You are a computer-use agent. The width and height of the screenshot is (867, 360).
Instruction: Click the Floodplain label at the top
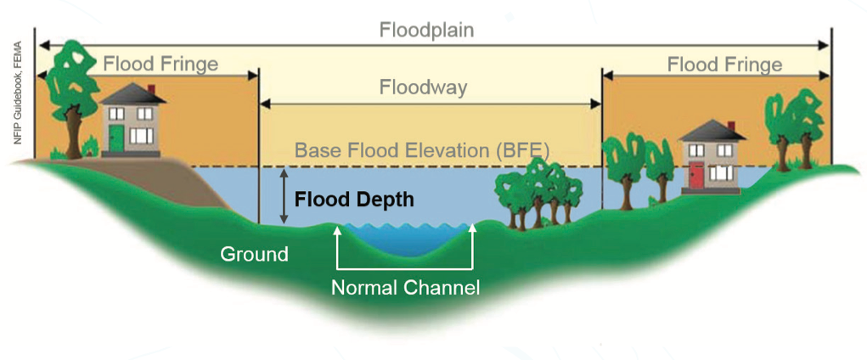[426, 30]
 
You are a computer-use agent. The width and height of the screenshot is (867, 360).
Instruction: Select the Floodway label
[423, 87]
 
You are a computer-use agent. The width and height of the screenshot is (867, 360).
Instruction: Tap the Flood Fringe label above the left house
[160, 64]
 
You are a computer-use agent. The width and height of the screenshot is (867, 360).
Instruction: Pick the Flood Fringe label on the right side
[723, 65]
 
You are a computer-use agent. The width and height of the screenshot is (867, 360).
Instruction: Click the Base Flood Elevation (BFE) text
[422, 151]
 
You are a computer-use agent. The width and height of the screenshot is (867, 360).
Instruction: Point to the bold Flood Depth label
[354, 200]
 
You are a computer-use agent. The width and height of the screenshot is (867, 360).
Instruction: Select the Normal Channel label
[405, 287]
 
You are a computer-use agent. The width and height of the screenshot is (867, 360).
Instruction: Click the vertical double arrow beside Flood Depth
[284, 196]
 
